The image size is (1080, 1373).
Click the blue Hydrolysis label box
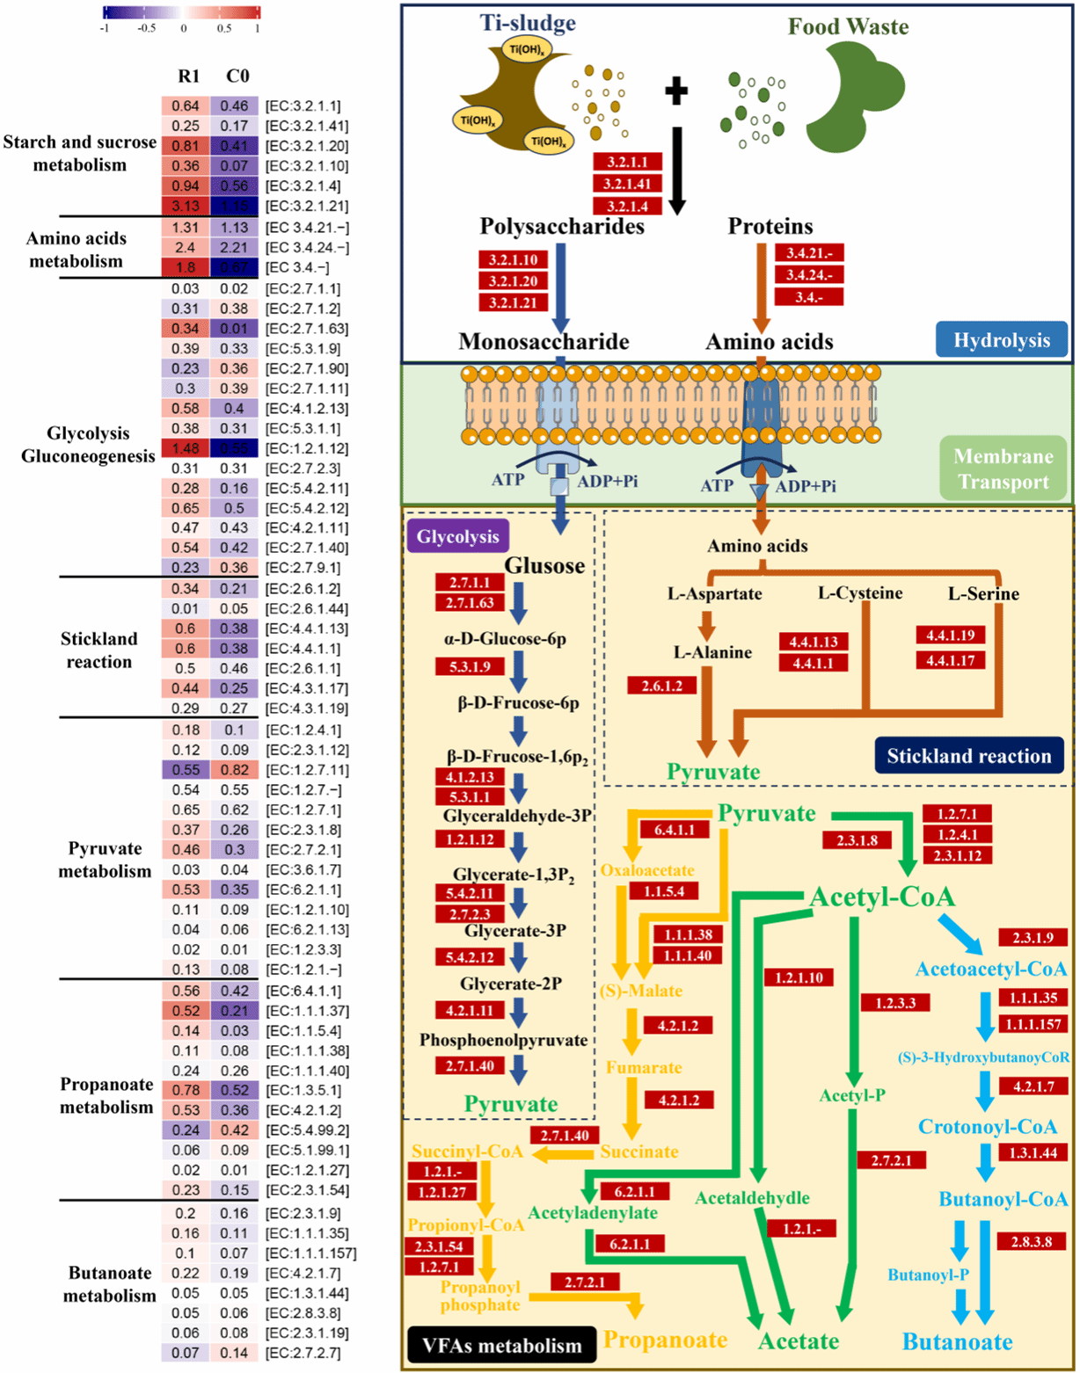pos(1002,340)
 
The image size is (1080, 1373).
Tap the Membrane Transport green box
pos(1003,469)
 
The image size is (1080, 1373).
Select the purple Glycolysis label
pos(457,537)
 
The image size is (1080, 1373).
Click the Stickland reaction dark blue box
pos(968,756)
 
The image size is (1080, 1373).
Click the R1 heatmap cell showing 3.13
pos(186,207)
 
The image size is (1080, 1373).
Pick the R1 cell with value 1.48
pos(186,448)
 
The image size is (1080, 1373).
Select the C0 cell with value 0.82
pos(234,770)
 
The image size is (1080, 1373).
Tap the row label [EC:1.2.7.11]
pos(306,770)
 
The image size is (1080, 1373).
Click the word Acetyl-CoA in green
pos(881,897)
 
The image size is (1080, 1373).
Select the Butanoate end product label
pos(957,1342)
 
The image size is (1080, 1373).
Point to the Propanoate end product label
pos(665,1340)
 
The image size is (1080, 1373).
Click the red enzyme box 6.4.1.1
pos(674,829)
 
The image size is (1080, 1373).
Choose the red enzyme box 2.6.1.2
pos(661,685)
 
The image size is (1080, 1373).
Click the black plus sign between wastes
pos(675,91)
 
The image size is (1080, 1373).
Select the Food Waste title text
pos(848,26)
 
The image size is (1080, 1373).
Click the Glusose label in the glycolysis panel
pos(544,566)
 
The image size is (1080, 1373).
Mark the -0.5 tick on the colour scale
pos(146,27)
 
